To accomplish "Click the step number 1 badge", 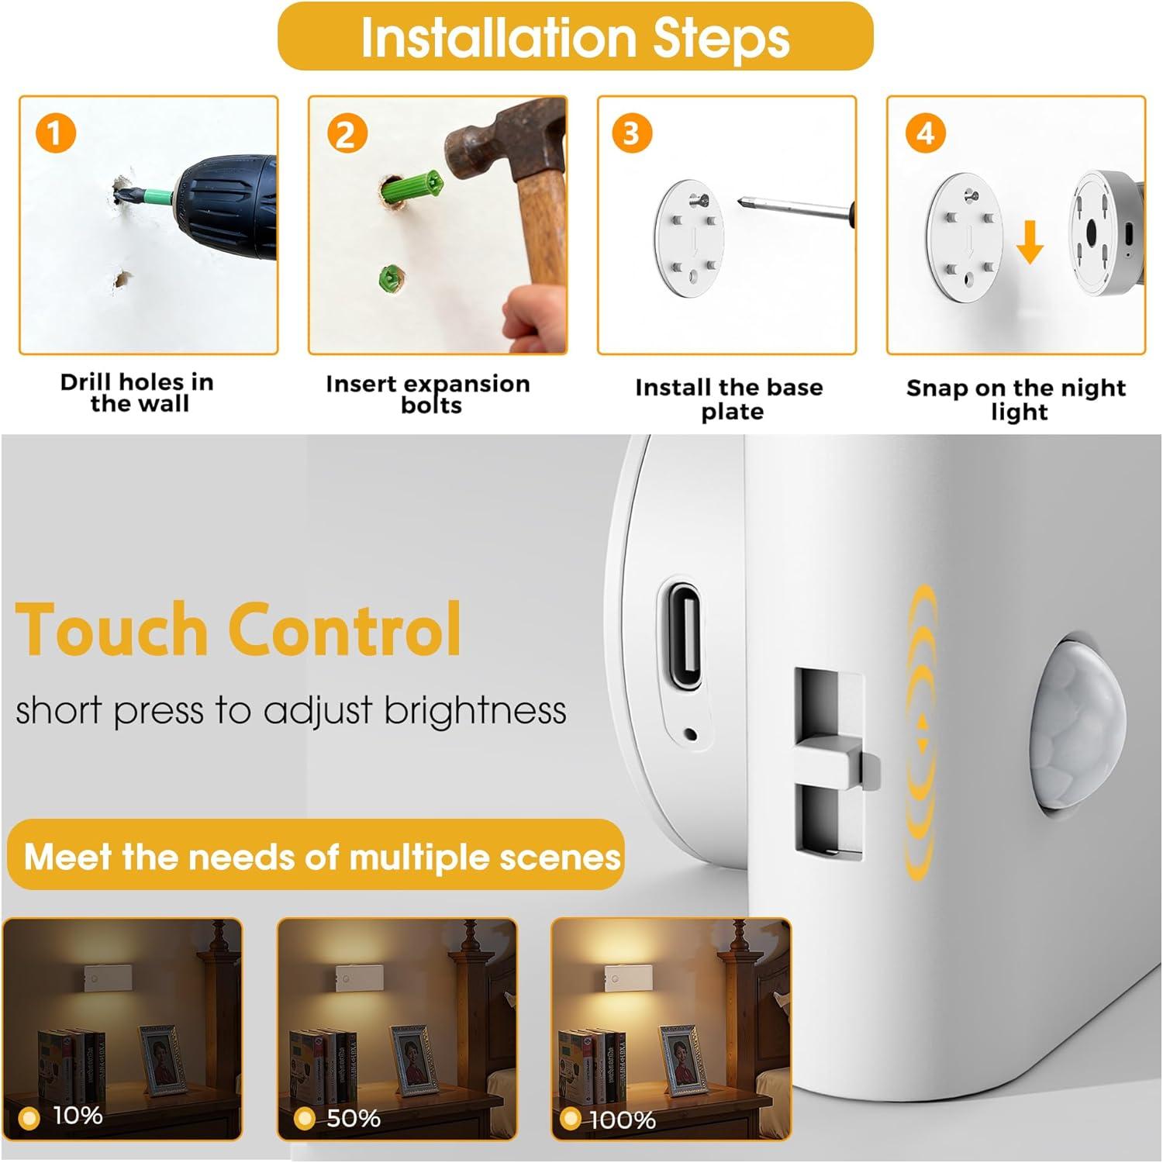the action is (x=54, y=133).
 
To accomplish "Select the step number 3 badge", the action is (x=631, y=133).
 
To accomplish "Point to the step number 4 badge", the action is (x=925, y=133).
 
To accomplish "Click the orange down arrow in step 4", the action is (x=1029, y=240).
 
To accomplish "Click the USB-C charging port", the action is (x=682, y=635).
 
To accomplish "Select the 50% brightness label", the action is (x=353, y=1118).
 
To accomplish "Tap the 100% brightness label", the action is (x=623, y=1120).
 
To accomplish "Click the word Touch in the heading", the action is (x=112, y=630).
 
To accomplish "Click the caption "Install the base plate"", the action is (x=729, y=399).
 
